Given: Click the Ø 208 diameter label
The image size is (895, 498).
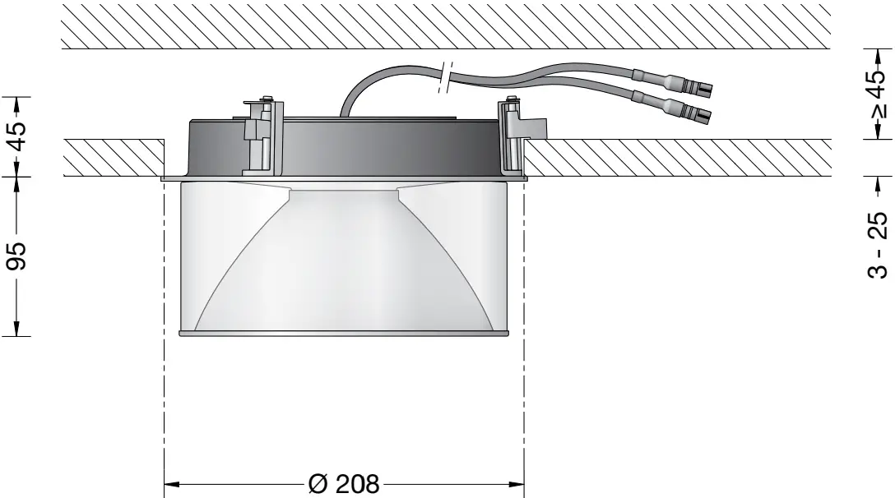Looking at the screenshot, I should coord(344,482).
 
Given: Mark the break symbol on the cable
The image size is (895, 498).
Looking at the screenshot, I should coord(445,76).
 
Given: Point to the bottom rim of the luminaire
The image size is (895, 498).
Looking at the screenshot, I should coord(344,334).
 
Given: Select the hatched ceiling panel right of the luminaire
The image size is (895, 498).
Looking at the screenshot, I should coord(675,158).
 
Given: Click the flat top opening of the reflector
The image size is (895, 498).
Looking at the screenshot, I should coord(344,191).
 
